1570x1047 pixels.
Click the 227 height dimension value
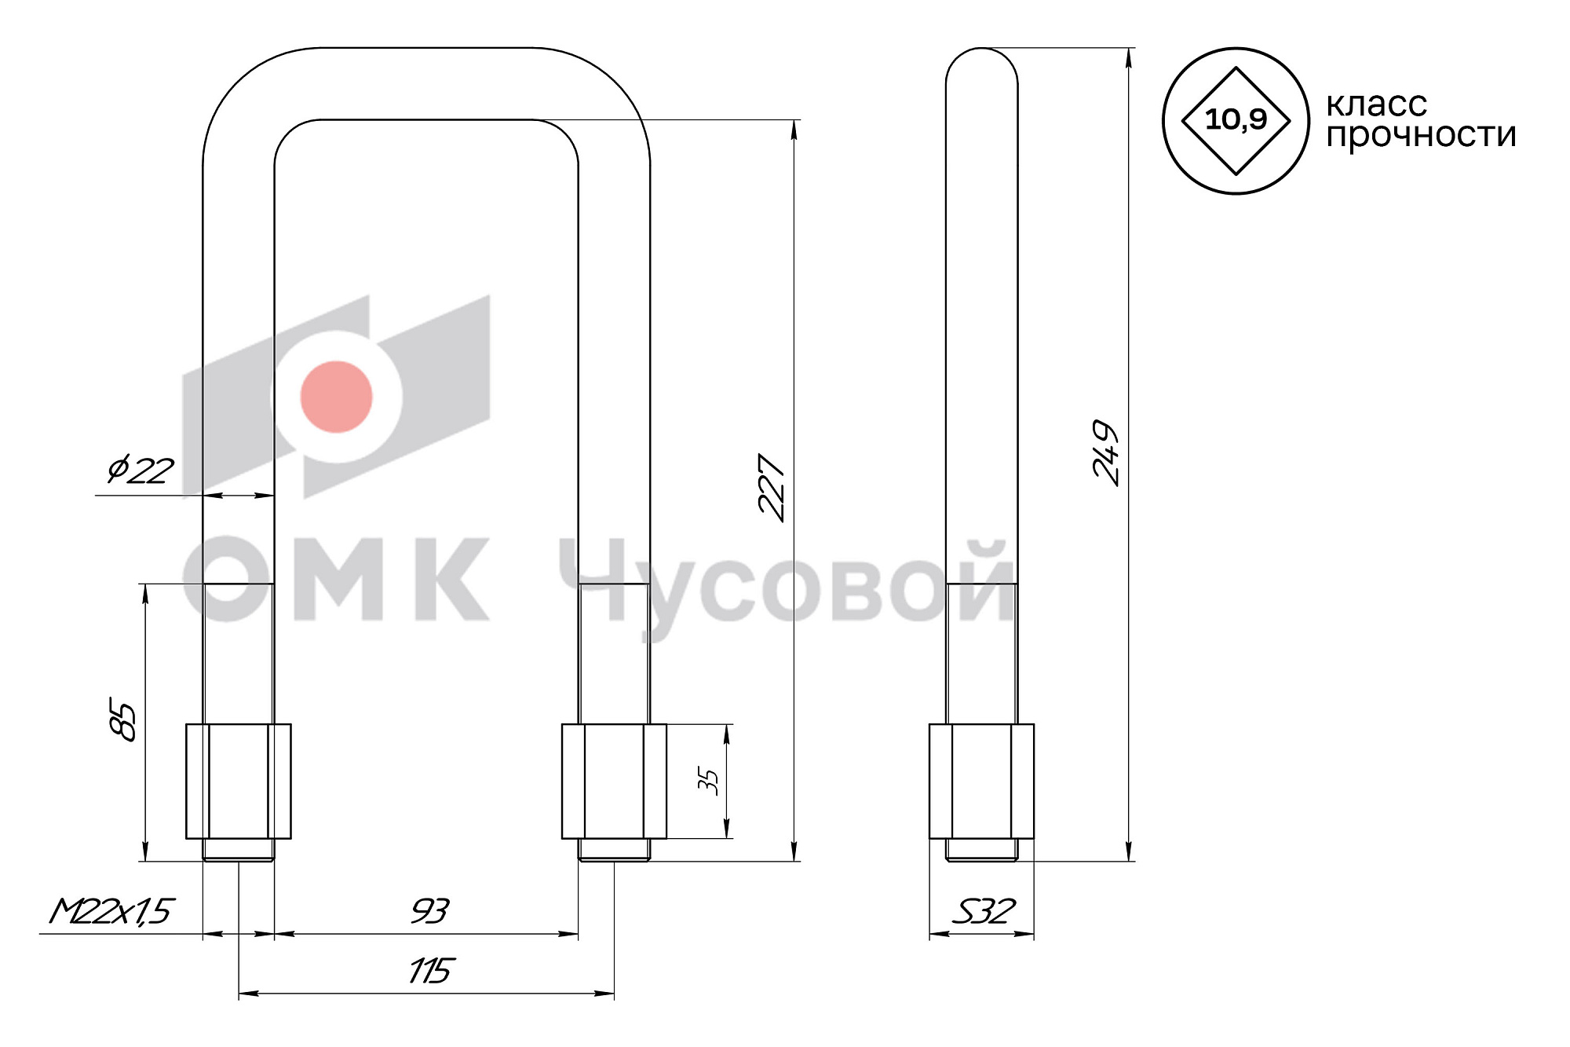(x=772, y=488)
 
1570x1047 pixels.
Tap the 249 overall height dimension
(x=1106, y=453)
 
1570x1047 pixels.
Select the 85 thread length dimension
(x=123, y=718)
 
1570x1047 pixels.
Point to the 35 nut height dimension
(x=708, y=782)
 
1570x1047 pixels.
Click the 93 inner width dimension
(x=429, y=911)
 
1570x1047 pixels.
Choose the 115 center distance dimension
(x=430, y=971)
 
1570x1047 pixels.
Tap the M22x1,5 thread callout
(x=111, y=911)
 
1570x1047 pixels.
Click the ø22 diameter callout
(x=141, y=470)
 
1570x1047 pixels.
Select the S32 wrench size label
(x=983, y=911)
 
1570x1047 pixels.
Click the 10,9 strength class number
(x=1236, y=119)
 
